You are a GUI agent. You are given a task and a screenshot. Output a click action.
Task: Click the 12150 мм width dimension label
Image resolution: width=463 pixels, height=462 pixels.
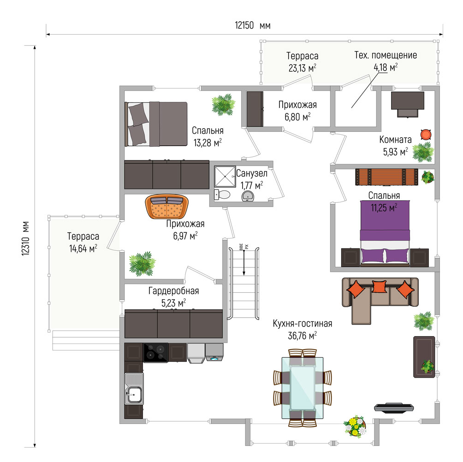(253, 26)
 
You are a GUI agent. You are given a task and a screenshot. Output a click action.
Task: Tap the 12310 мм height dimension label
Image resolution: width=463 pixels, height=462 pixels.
(26, 238)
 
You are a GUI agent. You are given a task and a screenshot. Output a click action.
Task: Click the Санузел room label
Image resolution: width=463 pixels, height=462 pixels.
(252, 173)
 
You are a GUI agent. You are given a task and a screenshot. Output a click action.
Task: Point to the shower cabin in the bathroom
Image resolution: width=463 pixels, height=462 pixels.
(225, 176)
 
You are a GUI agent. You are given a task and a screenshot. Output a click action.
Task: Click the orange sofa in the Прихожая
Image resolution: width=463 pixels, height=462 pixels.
(167, 207)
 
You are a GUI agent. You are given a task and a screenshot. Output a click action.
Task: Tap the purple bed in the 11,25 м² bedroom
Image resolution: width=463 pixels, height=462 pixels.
(385, 233)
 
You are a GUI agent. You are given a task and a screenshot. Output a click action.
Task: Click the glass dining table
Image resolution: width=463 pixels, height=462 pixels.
(303, 388)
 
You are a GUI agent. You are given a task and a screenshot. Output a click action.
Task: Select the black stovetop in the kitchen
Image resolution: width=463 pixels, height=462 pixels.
(155, 352)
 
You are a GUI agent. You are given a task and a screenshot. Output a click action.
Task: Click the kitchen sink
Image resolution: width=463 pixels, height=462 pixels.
(134, 389)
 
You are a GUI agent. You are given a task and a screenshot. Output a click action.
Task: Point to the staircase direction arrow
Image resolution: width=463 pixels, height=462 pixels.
(244, 263)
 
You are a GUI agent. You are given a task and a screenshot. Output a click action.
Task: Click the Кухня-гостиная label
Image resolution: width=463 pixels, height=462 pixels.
(303, 324)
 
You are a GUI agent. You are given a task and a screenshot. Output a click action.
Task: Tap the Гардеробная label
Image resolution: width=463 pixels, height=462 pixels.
(173, 291)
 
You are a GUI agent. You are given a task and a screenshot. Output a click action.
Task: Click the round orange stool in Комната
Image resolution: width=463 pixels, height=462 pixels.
(426, 135)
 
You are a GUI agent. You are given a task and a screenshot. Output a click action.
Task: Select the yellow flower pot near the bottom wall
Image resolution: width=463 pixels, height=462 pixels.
(355, 426)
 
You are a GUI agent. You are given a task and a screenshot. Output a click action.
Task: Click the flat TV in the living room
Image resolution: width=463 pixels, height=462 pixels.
(394, 408)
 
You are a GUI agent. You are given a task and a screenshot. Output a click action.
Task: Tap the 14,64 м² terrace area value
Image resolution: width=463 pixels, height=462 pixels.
(83, 249)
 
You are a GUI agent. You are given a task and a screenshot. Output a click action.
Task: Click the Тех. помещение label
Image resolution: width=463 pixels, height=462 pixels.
(386, 55)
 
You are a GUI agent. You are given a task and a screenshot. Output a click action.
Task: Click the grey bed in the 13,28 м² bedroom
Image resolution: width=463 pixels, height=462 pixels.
(156, 124)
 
